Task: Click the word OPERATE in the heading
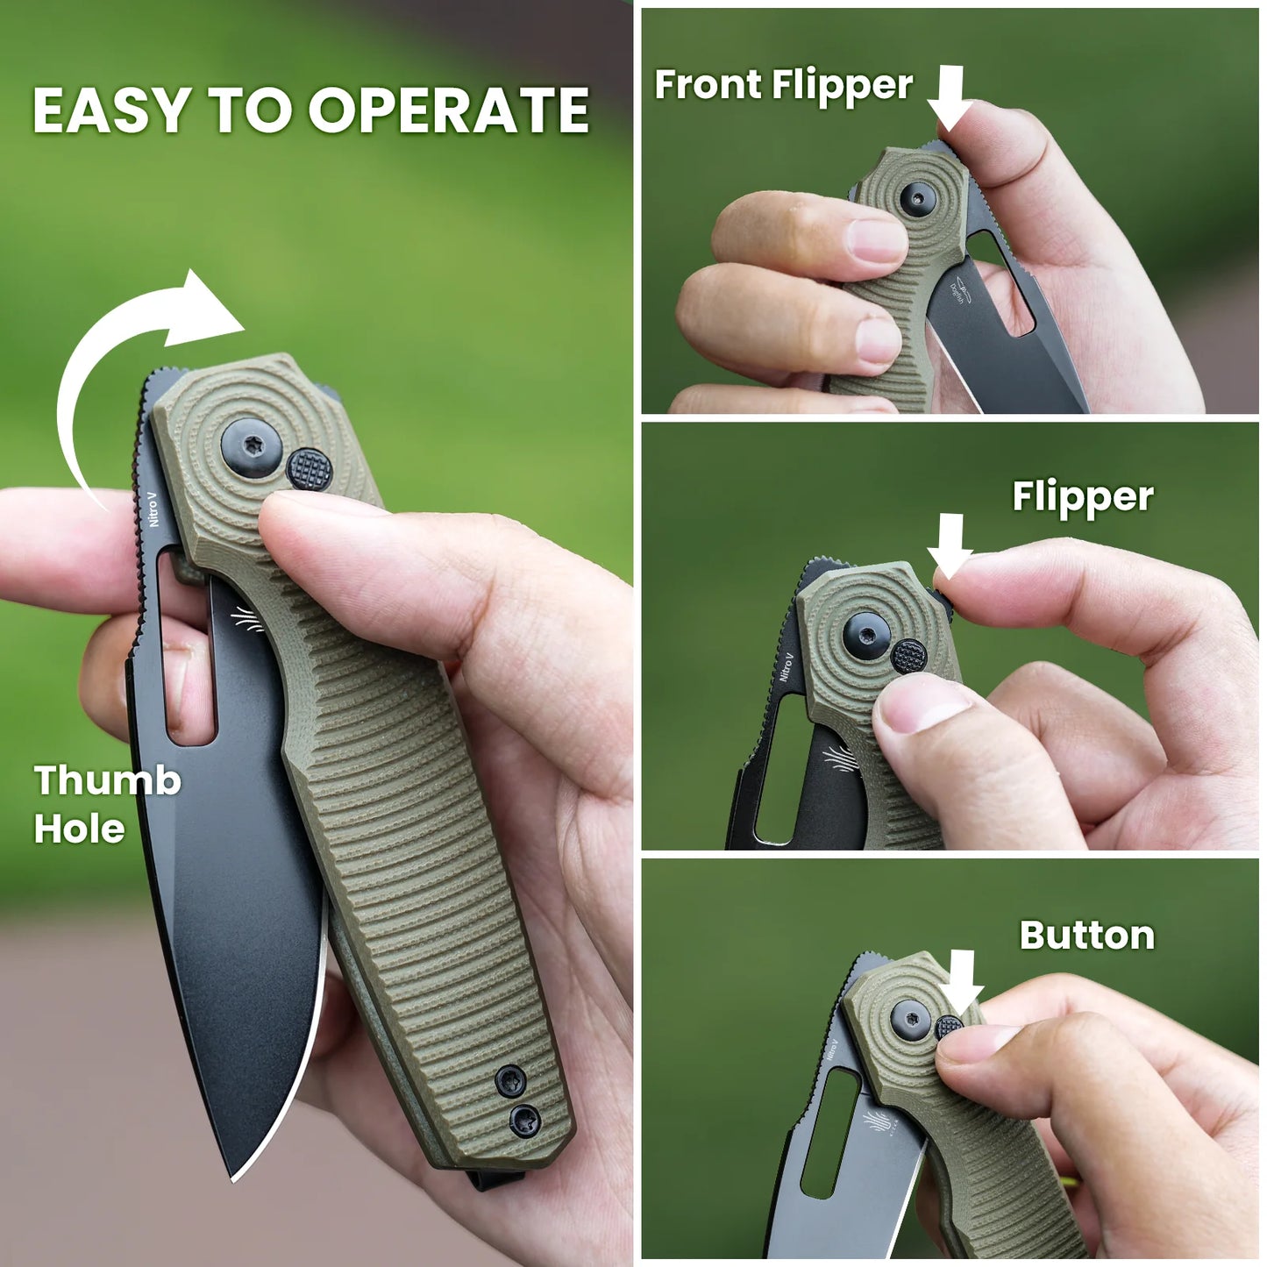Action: pos(448,110)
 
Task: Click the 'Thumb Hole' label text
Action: pos(107,804)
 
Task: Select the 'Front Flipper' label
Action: pos(783,85)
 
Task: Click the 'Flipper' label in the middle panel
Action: pos(1082,497)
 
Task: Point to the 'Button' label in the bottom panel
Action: pos(1086,936)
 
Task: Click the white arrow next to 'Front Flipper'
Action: pos(950,97)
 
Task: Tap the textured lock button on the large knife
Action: pos(310,469)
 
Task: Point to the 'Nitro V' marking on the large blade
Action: pos(153,508)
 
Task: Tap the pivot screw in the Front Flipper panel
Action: pos(917,199)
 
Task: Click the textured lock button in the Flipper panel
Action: pos(909,656)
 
